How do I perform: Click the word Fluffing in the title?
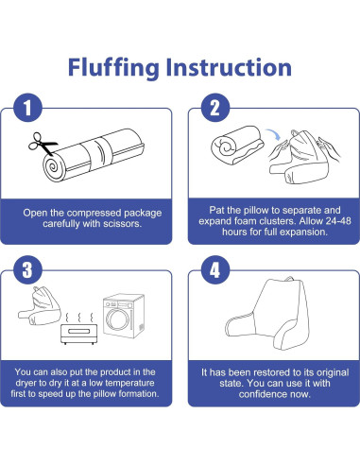pos(113,68)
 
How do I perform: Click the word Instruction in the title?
pos(229,67)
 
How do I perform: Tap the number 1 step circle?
pos(27,108)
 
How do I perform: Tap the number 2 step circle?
pos(215,108)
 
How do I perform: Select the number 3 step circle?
pos(27,270)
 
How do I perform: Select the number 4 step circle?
pos(215,270)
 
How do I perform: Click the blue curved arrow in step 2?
pos(273,134)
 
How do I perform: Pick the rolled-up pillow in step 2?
pos(237,145)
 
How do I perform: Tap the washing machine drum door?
pos(117,319)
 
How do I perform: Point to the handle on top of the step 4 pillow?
pos(289,280)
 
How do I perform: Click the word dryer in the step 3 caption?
pos(26,383)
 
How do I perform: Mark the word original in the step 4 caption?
pos(333,372)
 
